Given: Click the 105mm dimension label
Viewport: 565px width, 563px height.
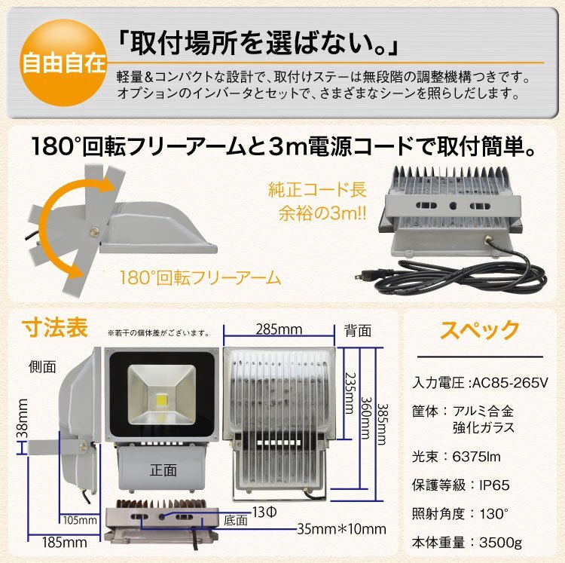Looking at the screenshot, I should [x=78, y=519].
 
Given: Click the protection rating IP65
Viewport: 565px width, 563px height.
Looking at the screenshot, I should [x=497, y=485].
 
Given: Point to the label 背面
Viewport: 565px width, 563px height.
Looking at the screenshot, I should [x=358, y=330].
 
